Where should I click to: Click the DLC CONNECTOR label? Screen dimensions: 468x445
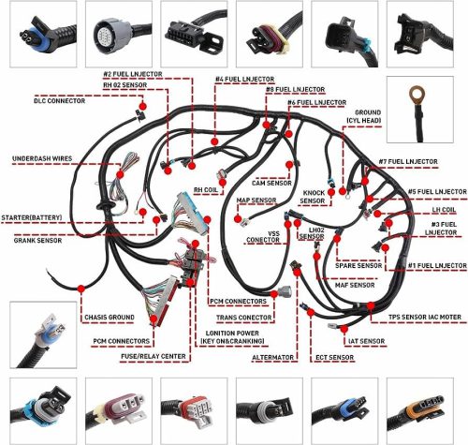[59, 101]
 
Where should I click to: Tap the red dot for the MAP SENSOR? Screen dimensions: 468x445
[238, 218]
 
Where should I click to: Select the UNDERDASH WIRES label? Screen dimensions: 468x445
[42, 158]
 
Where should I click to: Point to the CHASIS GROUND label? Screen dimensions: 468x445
[110, 318]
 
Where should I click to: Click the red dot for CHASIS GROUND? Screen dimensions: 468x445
[81, 289]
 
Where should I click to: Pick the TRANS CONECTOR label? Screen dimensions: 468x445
[244, 318]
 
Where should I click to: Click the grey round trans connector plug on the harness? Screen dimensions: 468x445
[285, 292]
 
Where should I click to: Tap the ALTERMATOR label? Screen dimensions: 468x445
[272, 357]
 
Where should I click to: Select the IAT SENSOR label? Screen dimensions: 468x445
[367, 341]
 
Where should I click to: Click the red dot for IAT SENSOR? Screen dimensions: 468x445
[344, 329]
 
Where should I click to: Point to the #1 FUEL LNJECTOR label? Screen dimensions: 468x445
[437, 266]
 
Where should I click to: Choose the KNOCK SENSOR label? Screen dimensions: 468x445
[314, 197]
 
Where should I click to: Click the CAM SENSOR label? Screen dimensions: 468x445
[271, 183]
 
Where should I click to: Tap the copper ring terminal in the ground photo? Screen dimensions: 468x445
[416, 93]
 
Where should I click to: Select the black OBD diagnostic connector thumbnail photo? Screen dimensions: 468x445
[194, 34]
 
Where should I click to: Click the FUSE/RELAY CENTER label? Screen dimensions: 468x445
[154, 356]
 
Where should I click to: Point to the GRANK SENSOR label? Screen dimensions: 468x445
[37, 241]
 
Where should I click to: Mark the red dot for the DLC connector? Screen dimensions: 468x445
[142, 106]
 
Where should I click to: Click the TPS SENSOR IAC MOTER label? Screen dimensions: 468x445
[425, 318]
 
